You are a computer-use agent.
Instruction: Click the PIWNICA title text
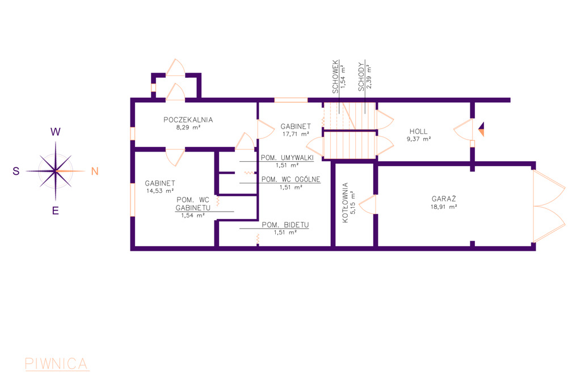(56, 364)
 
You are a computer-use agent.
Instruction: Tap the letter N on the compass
(95, 171)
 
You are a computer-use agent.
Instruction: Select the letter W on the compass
(56, 132)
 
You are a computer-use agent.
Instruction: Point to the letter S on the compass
(16, 171)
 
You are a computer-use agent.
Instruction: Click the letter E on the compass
(56, 211)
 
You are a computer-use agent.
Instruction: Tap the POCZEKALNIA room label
(188, 120)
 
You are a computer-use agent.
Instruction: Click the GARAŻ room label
(444, 199)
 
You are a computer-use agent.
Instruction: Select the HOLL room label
(419, 131)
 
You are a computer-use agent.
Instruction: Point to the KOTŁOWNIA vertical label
(346, 203)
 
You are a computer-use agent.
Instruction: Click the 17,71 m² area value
(296, 134)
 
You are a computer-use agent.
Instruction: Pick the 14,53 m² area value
(160, 191)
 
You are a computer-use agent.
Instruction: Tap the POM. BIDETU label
(285, 225)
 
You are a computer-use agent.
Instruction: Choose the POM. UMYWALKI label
(287, 158)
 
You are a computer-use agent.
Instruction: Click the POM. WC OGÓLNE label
(291, 179)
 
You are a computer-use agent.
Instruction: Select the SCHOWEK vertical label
(335, 77)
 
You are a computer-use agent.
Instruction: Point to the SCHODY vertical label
(361, 77)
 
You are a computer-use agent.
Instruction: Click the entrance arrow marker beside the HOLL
(481, 129)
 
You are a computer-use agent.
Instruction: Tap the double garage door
(549, 206)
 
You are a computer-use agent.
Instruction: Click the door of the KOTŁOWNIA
(368, 205)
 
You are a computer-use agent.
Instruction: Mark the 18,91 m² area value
(444, 207)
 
